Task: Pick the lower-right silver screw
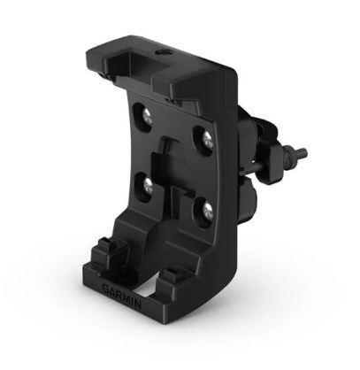204,209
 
